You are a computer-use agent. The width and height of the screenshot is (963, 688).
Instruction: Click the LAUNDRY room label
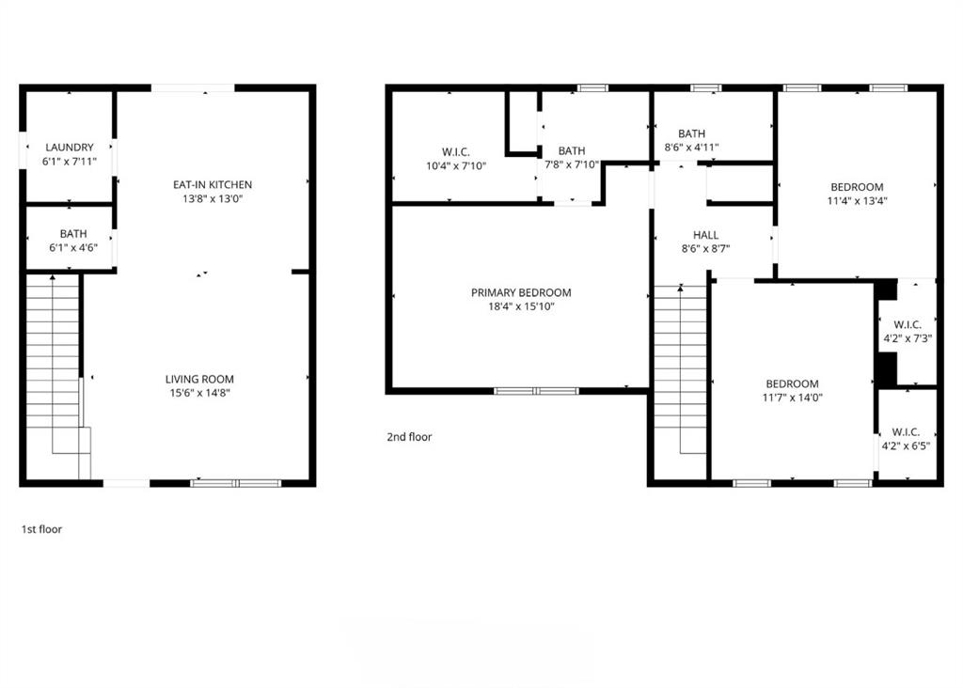[x=69, y=148]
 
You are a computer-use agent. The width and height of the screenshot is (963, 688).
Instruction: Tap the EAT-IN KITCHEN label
[x=212, y=184]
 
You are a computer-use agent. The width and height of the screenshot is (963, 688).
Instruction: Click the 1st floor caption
[x=41, y=529]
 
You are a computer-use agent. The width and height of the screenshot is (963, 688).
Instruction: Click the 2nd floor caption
[x=409, y=437]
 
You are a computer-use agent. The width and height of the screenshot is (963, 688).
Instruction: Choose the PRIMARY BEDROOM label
[x=520, y=293]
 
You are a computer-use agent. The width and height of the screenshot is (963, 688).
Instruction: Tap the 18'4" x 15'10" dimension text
[x=520, y=306]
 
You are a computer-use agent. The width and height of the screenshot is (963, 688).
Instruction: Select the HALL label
[x=705, y=235]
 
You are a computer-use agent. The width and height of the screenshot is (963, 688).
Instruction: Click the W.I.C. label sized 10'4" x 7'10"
[x=455, y=152]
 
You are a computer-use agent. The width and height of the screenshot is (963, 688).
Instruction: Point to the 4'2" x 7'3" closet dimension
[x=907, y=339]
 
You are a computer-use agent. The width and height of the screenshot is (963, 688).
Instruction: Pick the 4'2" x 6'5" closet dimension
[x=907, y=446]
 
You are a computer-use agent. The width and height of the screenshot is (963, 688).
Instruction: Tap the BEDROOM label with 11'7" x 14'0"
[x=792, y=383]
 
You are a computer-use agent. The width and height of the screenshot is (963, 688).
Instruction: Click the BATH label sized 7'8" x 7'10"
[x=571, y=151]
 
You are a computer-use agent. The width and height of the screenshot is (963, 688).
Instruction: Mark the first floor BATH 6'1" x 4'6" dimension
[x=69, y=247]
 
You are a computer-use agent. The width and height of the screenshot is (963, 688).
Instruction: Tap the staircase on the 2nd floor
[x=679, y=376]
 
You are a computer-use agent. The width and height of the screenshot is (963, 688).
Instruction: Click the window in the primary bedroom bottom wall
[x=536, y=390]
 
